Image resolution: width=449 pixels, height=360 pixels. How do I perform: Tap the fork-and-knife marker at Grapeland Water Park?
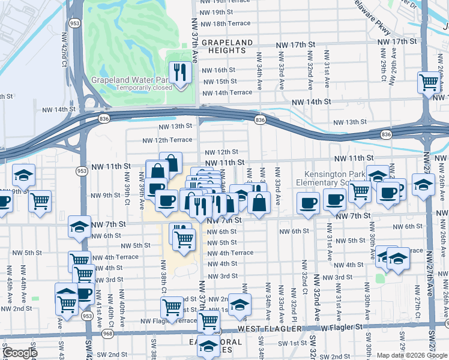click(x=180, y=74)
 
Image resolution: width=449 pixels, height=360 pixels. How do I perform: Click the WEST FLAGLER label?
click(x=265, y=329)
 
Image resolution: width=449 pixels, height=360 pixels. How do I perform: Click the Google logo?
click(x=19, y=353)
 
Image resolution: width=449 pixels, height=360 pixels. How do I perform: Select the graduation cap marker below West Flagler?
click(x=208, y=347)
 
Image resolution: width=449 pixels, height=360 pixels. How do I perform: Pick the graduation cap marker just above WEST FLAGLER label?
click(x=240, y=305)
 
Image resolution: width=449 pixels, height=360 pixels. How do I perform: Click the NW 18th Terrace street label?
click(x=226, y=23)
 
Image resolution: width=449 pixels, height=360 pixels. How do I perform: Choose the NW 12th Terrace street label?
click(x=167, y=140)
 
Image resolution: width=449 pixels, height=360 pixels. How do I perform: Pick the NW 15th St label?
click(x=219, y=81)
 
